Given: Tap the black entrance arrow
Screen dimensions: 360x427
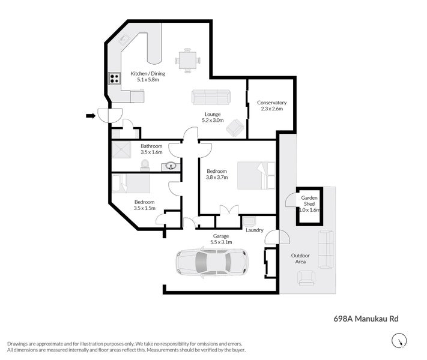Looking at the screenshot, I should tap(91, 116).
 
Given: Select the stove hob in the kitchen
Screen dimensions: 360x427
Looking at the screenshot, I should tap(114, 78).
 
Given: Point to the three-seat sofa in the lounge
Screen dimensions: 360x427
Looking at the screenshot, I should tap(210, 97).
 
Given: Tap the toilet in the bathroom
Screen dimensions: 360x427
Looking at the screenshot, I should tap(145, 166).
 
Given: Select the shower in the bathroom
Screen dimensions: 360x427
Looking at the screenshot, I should tap(120, 151).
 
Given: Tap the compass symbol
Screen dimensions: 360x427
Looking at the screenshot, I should tap(398, 341).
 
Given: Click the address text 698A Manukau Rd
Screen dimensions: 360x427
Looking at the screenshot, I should tap(366, 319).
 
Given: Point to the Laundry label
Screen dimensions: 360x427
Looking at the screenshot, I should tap(255, 229).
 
